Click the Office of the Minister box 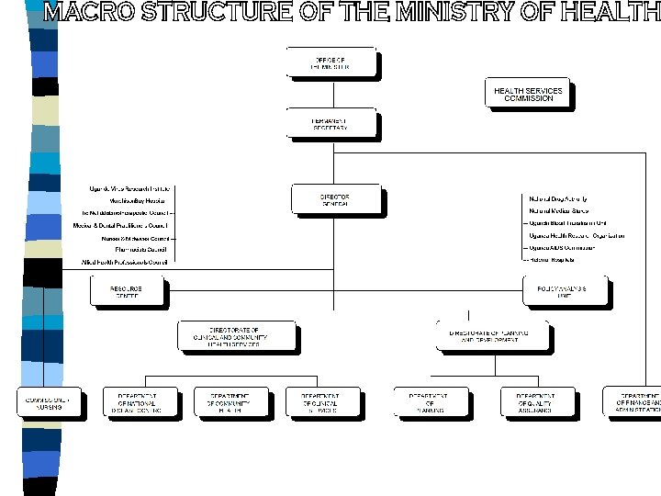pos(330,62)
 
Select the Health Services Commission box pos(528,94)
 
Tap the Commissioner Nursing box pos(50,401)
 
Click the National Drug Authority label pos(557,199)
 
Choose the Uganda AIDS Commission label pos(562,248)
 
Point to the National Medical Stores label pos(558,211)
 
